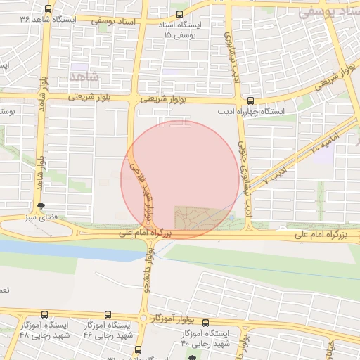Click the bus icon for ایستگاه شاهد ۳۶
pos(47,9)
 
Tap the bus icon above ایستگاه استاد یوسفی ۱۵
pos(181,13)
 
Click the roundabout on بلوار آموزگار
pos(144,319)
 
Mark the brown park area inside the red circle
pos(198,217)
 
